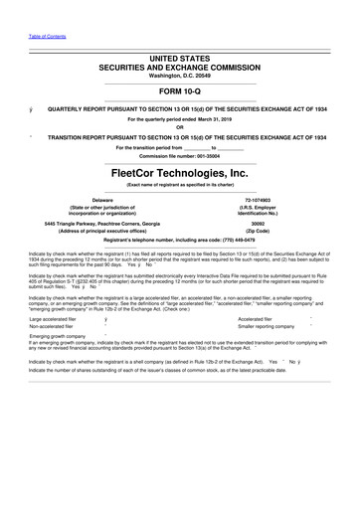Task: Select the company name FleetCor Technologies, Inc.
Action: click(x=179, y=173)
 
